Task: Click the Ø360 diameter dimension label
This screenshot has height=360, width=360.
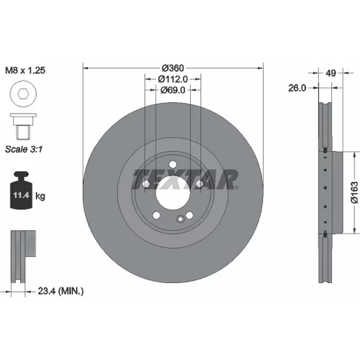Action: coord(173,68)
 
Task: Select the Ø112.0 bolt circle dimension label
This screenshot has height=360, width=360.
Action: coord(173,79)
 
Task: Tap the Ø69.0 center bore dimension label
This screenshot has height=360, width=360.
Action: coord(173,90)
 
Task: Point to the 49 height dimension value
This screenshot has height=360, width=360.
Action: coord(331,73)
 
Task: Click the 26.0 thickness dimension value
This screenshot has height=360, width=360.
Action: coord(297,88)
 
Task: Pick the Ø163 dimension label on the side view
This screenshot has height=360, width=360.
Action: coord(354,193)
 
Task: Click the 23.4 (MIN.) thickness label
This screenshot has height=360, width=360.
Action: coord(60,292)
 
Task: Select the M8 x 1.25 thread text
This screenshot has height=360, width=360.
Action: coord(25,71)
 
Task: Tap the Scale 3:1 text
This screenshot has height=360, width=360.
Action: coord(24,149)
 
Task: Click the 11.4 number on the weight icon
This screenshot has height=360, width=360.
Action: coord(21,195)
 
